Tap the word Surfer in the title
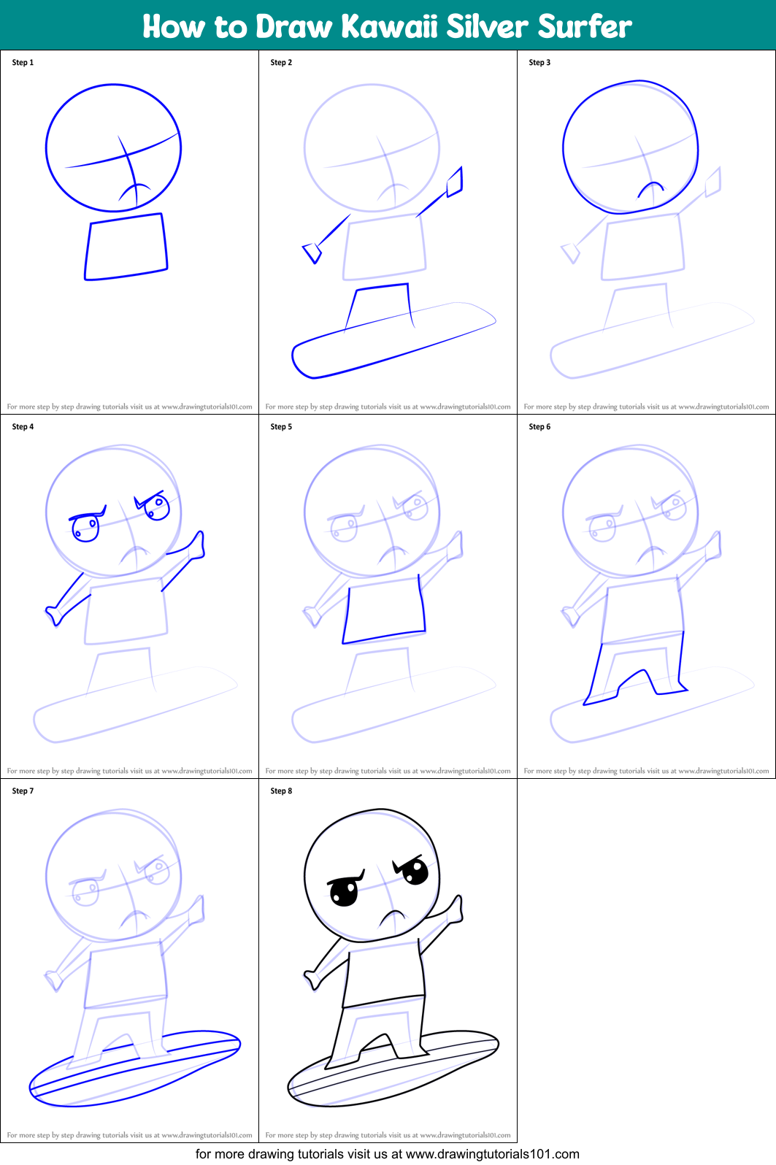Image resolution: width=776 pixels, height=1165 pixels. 585,26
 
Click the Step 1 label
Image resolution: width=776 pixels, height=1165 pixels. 23,63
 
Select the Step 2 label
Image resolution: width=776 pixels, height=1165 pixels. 281,63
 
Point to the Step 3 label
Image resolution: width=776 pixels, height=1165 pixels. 539,63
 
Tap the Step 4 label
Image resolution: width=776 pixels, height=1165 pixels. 23,426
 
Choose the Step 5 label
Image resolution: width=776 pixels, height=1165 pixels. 281,426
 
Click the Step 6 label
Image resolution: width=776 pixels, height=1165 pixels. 539,426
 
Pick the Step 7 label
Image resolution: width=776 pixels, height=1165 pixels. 23,791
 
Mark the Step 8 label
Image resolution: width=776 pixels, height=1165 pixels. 281,791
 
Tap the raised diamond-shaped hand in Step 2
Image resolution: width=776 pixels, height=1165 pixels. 455,182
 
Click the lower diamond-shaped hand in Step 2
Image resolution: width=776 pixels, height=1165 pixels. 312,253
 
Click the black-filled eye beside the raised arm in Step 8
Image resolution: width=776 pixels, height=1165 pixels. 415,871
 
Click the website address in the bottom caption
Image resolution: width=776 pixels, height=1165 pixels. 492,1154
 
